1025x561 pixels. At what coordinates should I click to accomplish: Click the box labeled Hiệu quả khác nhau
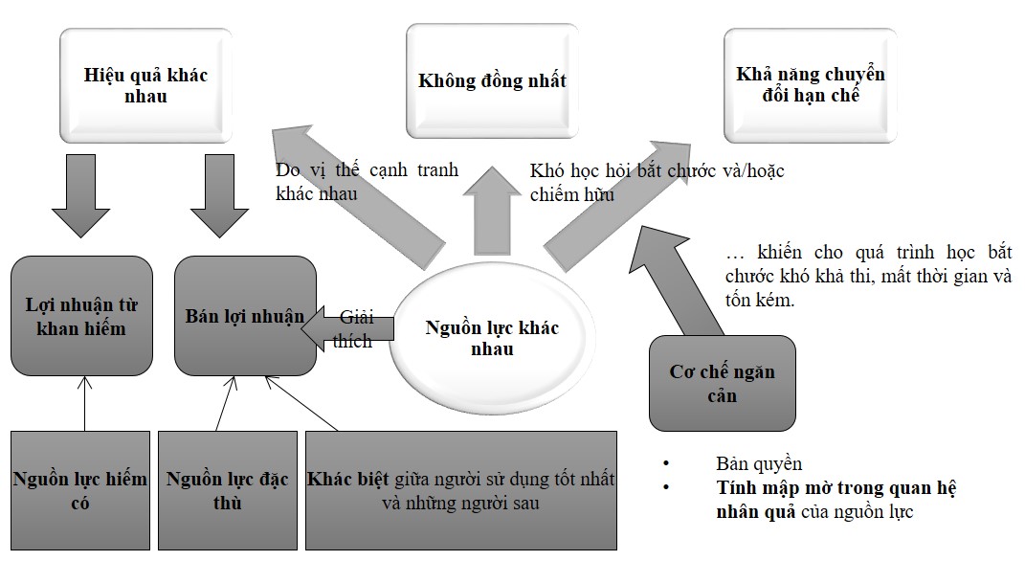coord(145,85)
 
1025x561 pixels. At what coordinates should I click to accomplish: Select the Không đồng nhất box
coord(492,80)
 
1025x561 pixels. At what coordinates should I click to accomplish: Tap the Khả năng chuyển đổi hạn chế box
coord(811,84)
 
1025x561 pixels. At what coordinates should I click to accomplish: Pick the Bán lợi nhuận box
coord(245,316)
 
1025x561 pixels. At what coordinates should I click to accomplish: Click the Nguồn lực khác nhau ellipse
coord(492,337)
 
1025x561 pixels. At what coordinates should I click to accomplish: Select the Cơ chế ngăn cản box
coord(722,383)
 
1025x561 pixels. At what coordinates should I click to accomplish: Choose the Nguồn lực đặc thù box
coord(229,489)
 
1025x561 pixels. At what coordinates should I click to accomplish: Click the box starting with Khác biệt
coord(460,489)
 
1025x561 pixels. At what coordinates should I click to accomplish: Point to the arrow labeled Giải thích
coord(348,327)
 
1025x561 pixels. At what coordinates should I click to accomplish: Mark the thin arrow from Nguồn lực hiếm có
coord(84,402)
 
